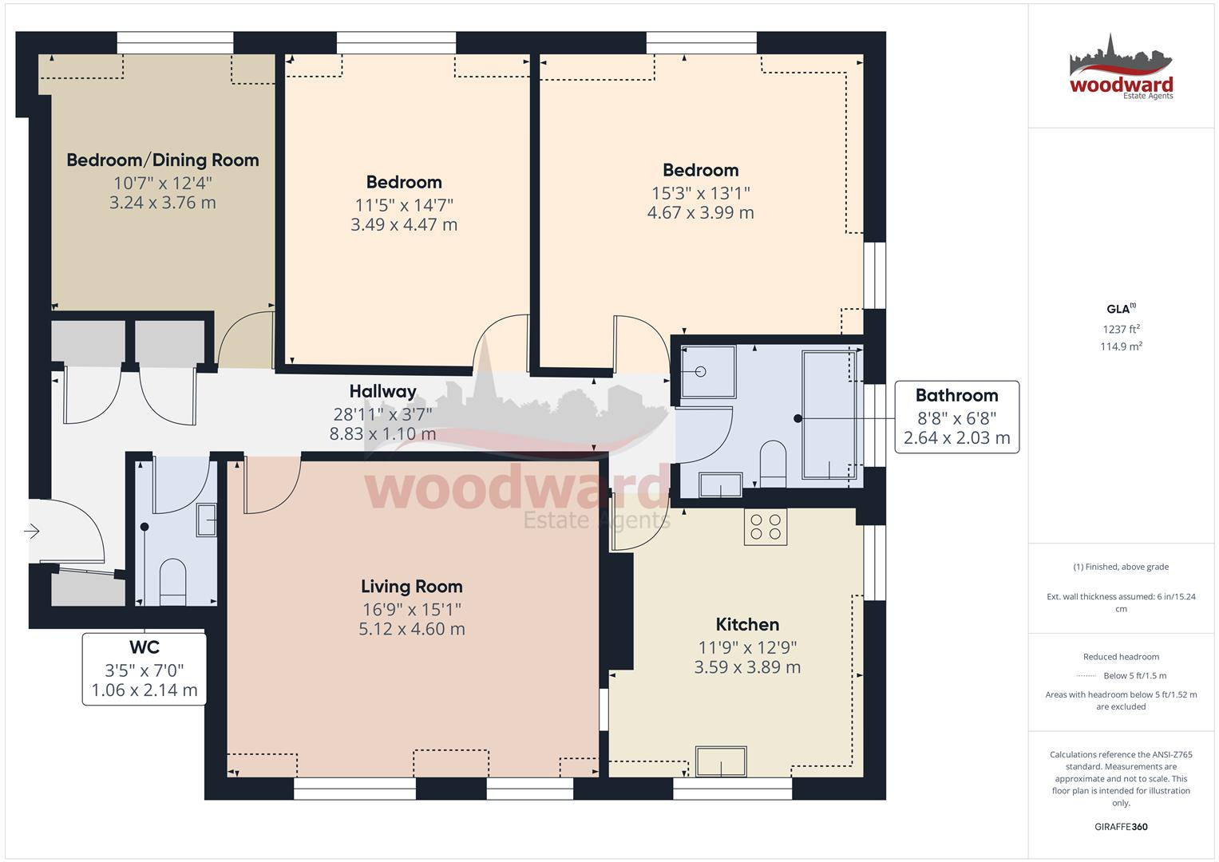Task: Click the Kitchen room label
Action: tap(747, 624)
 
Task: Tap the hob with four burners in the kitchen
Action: tap(765, 527)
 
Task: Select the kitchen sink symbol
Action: tap(721, 761)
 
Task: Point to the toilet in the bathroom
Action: tap(773, 463)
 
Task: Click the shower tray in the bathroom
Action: tap(708, 371)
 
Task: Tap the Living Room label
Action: tap(411, 587)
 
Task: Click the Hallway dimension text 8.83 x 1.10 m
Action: tap(382, 434)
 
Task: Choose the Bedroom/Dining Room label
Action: tap(163, 160)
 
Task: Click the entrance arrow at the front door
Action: tap(32, 531)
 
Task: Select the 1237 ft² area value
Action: tap(1121, 329)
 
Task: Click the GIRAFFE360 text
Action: tap(1121, 827)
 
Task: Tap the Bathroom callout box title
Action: tap(956, 395)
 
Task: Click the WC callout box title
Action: tap(144, 647)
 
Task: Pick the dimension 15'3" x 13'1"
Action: tap(700, 192)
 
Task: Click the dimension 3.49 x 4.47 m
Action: tap(404, 225)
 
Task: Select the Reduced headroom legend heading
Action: tap(1121, 657)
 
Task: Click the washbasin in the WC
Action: tap(207, 520)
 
